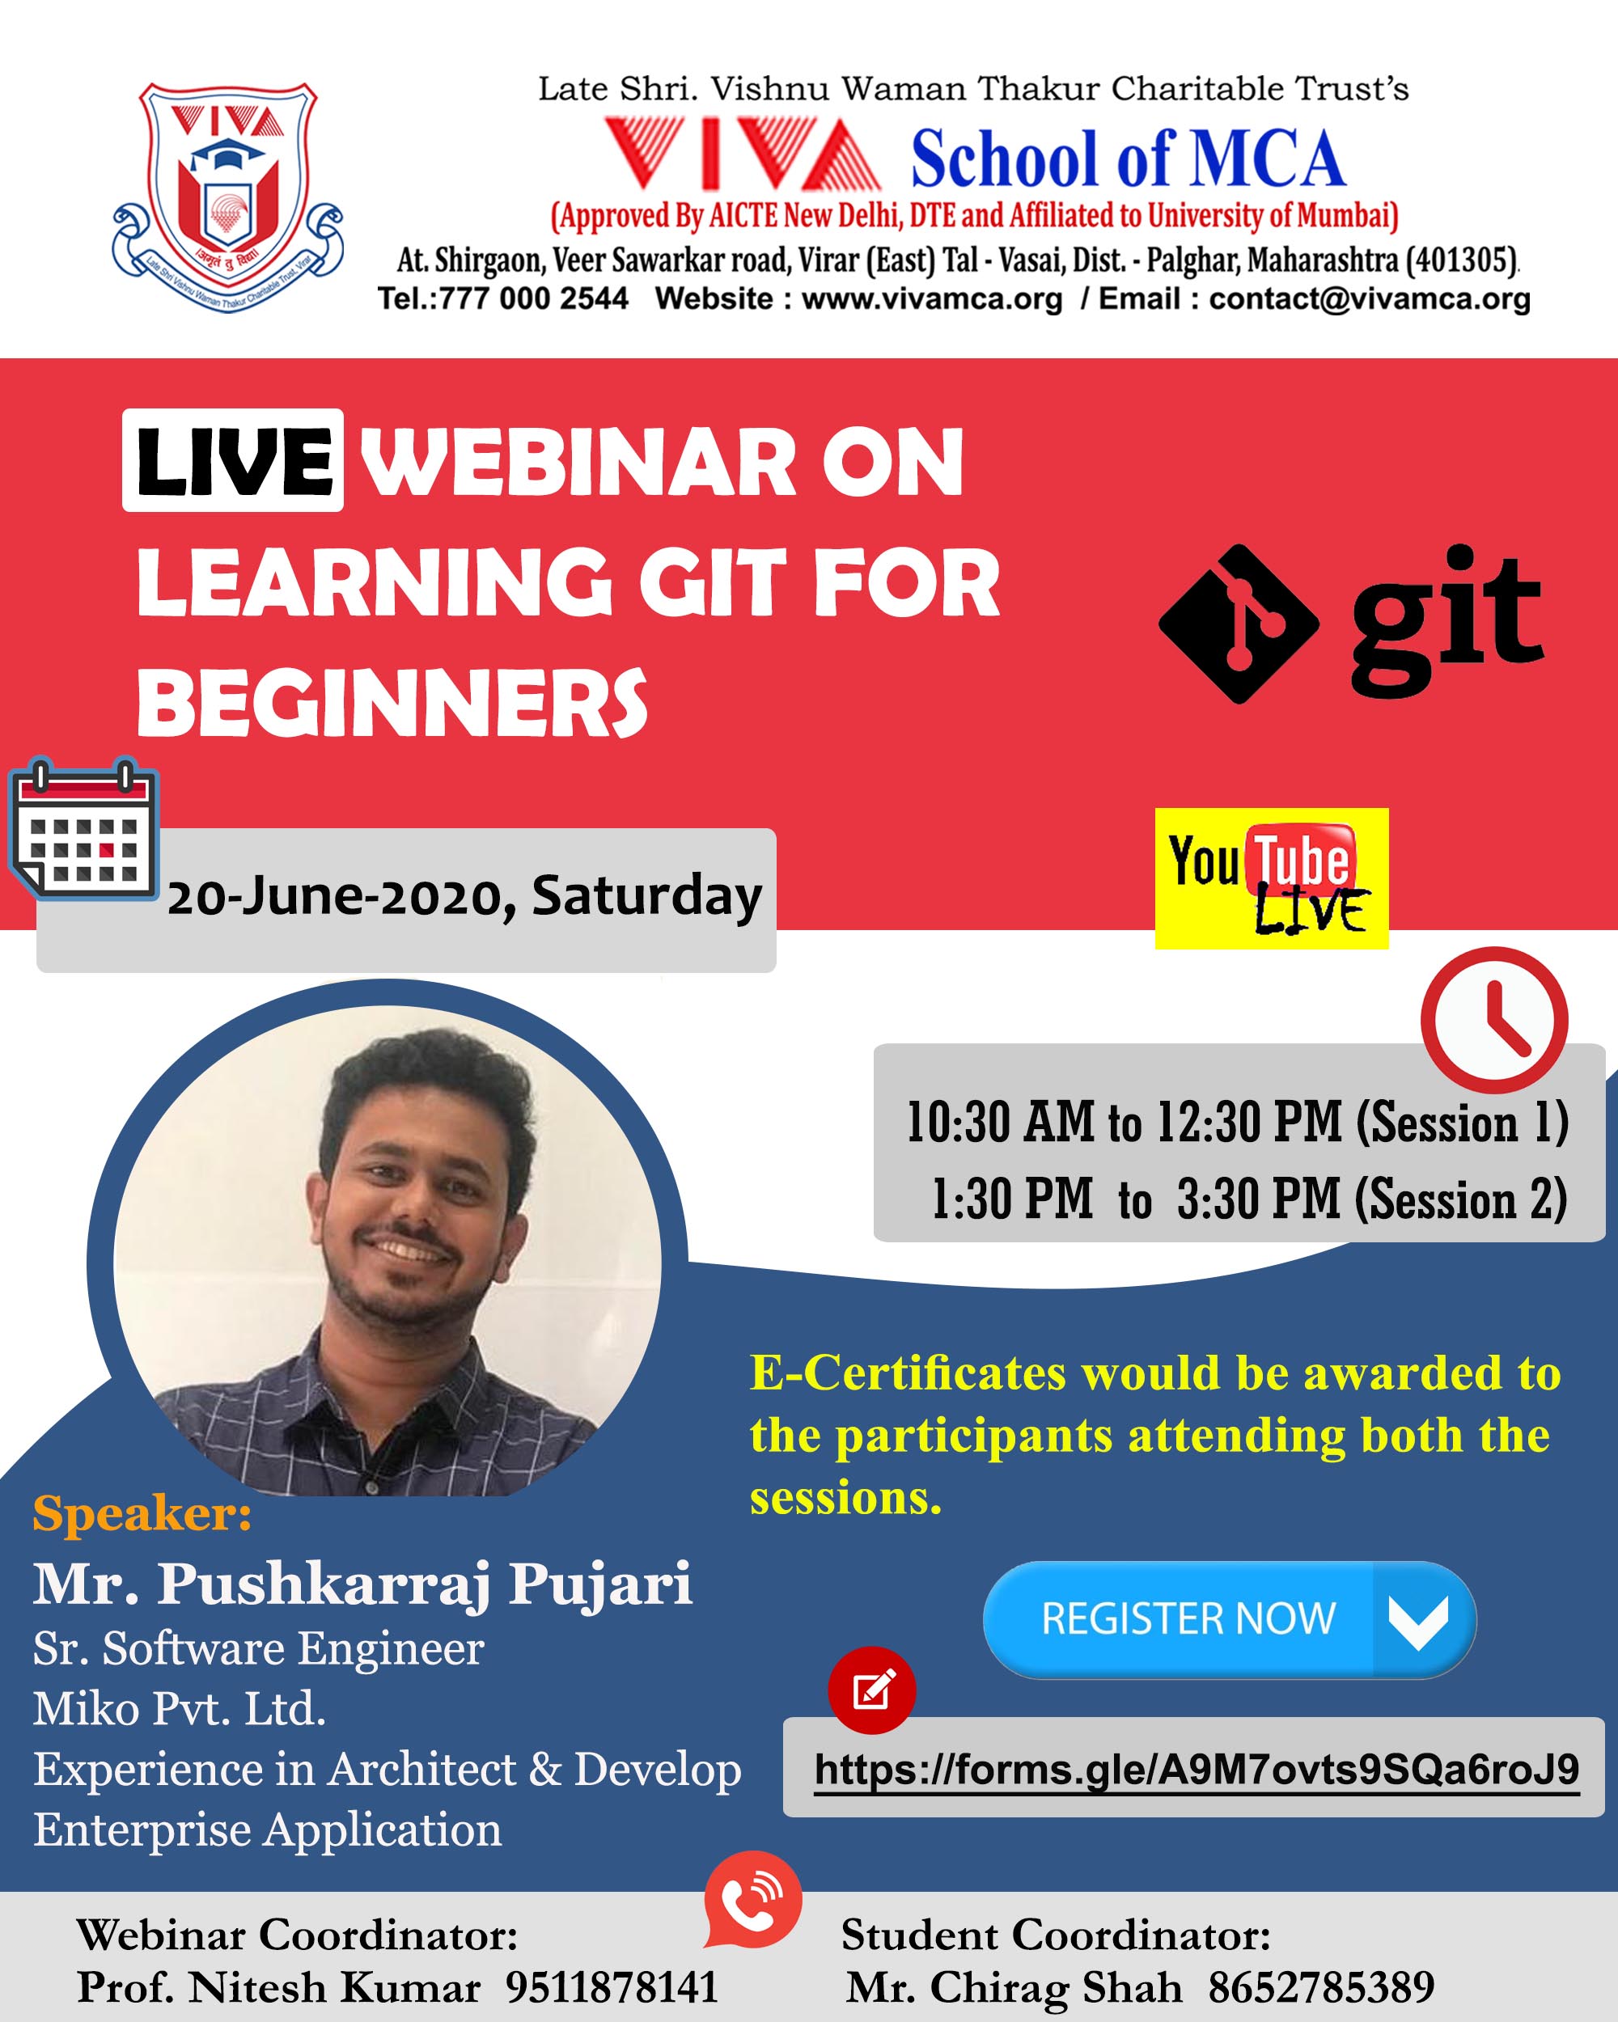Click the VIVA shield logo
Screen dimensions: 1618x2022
click(228, 197)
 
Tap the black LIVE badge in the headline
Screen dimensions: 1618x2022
click(233, 460)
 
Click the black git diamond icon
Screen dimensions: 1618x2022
click(1239, 624)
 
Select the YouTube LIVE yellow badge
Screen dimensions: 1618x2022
click(1272, 879)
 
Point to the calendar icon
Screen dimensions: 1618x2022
click(83, 829)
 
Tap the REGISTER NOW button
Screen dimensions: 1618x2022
click(1230, 1618)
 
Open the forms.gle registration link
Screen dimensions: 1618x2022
click(1197, 1770)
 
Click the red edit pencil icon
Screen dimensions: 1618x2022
click(872, 1690)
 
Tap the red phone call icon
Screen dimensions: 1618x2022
click(753, 1898)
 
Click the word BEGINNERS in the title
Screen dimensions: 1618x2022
click(392, 704)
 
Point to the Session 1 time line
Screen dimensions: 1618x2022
click(1237, 1123)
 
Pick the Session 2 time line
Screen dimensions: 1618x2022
click(1249, 1199)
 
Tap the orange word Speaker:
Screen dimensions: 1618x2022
click(142, 1514)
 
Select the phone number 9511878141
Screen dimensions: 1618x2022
click(612, 1987)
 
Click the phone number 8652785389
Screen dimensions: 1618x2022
click(1320, 1987)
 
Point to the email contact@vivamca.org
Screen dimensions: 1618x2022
click(1370, 299)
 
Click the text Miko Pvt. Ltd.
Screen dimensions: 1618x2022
click(179, 1709)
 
